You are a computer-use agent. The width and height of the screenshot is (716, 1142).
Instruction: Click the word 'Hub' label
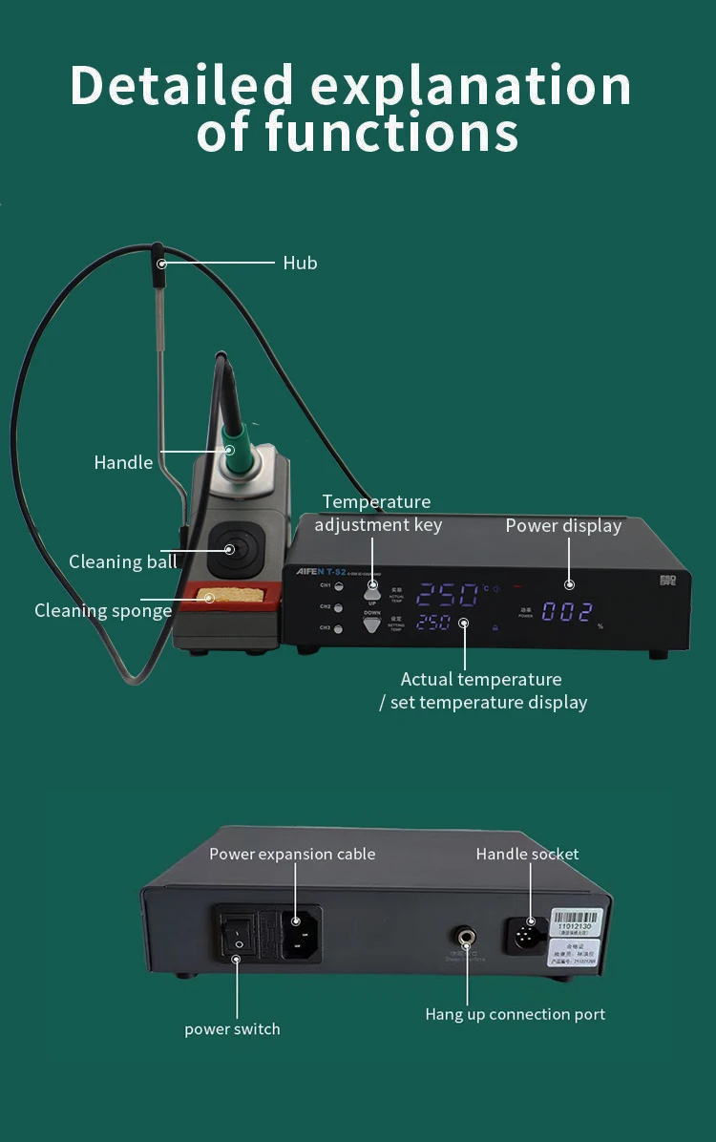point(300,263)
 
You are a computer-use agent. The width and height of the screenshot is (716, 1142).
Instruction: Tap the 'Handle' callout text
point(123,462)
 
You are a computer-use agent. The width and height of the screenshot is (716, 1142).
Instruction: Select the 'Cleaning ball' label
point(122,561)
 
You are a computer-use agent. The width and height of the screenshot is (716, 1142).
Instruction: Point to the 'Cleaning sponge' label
point(103,610)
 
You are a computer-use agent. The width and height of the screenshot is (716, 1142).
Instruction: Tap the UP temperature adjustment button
point(372,592)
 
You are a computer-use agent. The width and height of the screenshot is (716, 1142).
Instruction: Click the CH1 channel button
point(338,585)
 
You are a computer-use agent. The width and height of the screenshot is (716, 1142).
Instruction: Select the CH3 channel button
point(338,628)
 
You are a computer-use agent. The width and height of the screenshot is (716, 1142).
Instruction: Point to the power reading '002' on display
point(568,612)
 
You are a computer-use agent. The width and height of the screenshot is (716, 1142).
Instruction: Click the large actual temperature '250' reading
point(448,595)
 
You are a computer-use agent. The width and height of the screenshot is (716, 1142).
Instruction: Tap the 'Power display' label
point(563,525)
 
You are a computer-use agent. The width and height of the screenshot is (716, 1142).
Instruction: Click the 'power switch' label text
point(232,1028)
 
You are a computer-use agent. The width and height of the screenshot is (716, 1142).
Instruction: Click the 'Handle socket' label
point(527,854)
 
